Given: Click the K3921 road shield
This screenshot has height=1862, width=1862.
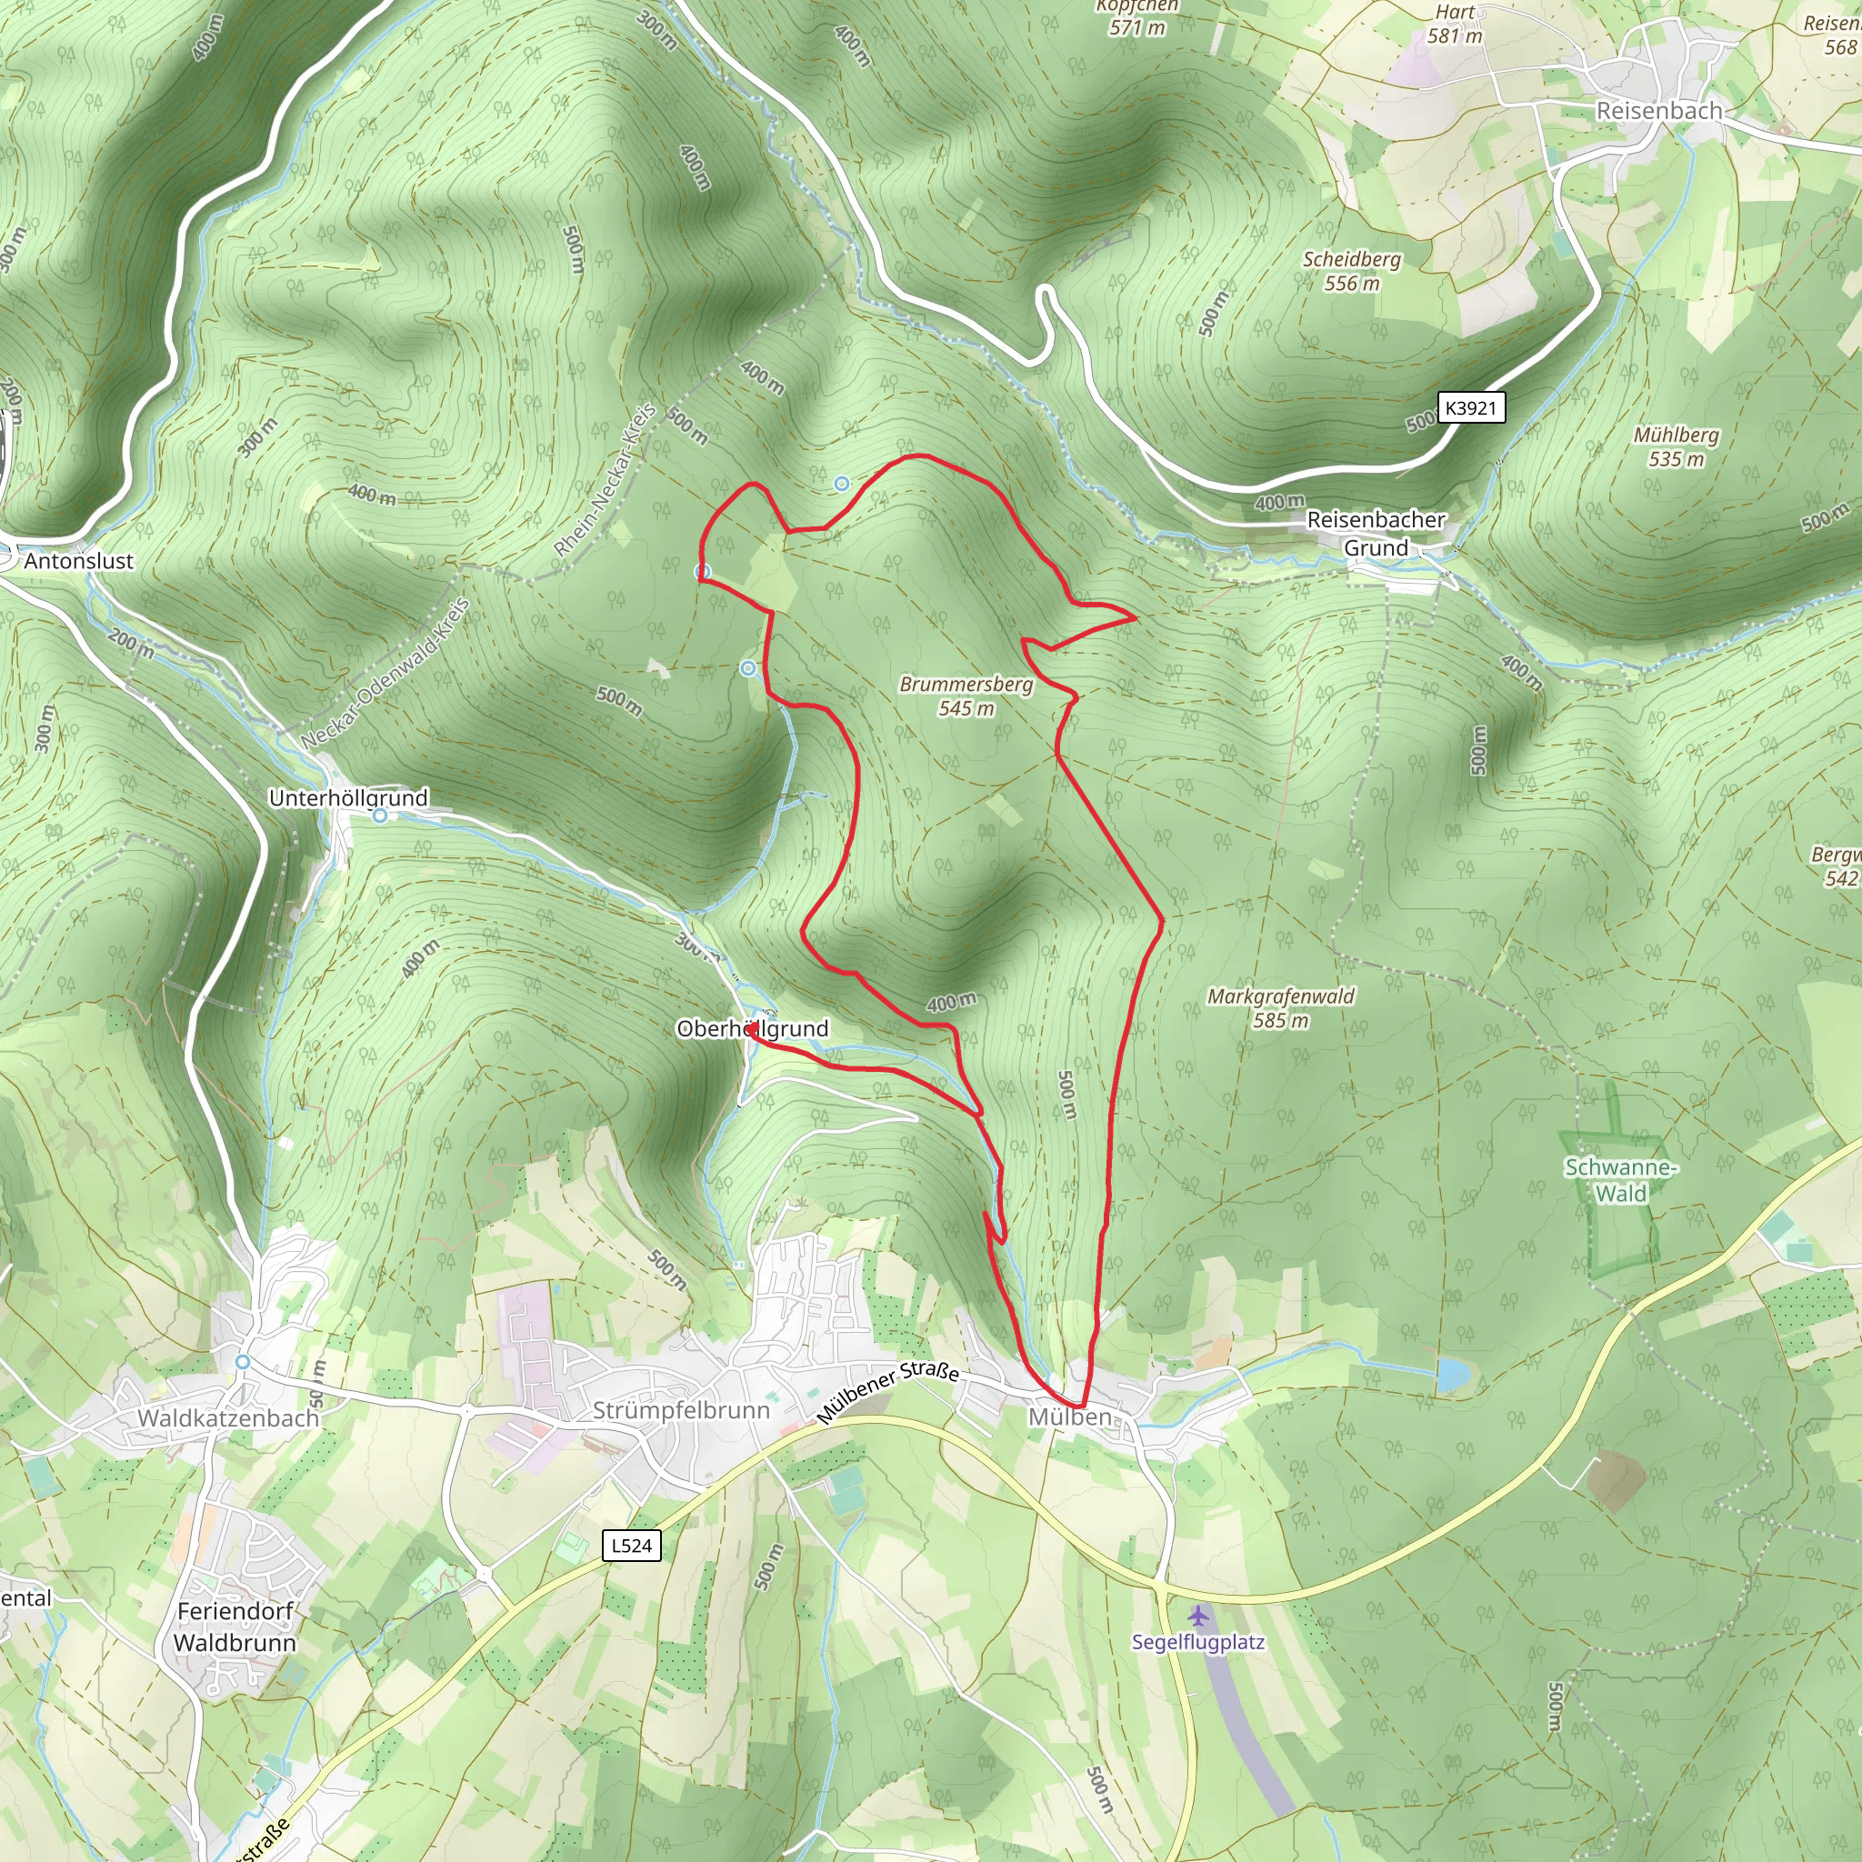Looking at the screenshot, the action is coord(1470,407).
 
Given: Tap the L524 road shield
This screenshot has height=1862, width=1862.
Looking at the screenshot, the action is coord(631,1545).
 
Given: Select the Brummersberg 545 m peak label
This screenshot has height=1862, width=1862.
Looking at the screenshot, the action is coord(966,696).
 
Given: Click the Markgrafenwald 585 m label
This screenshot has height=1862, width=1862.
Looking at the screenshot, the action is coord(1280,1008).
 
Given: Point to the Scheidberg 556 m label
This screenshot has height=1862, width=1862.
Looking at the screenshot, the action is coord(1351,271).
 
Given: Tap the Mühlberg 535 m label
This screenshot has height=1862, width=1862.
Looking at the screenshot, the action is coord(1676,447).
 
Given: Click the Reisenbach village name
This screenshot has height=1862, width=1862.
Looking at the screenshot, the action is coord(1658,111).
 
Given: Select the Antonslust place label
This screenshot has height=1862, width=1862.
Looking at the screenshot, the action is coord(78,561).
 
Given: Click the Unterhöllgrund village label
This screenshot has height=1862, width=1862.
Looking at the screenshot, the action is coord(348,798).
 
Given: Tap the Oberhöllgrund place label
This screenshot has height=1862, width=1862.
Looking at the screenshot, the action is coord(752,1028).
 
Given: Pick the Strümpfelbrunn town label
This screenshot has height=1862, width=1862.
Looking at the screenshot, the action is coord(680,1410).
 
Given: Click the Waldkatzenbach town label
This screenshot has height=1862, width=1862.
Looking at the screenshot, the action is coord(228,1417).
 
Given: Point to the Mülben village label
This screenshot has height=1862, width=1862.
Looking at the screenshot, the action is coord(1069,1417).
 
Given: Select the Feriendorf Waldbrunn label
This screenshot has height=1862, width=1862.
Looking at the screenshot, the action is coord(235,1627).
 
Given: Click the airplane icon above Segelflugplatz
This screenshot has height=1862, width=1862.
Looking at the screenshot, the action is coord(1198,1616).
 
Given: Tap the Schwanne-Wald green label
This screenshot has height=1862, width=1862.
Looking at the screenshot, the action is coord(1620,1179).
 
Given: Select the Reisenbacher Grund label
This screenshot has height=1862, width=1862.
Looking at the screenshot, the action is coord(1376,533).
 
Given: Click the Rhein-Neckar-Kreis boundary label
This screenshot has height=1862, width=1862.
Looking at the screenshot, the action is coord(606,480).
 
